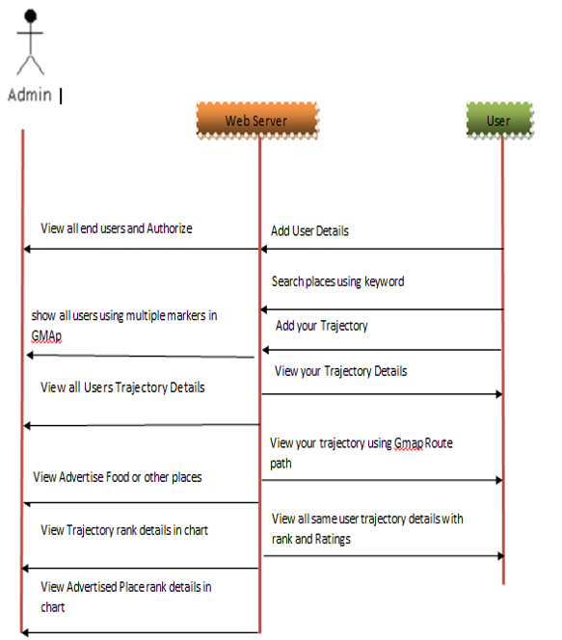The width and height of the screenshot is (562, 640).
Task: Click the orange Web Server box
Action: (257, 120)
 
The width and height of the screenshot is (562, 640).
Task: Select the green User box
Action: (499, 120)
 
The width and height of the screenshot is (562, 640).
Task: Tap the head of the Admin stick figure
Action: (31, 16)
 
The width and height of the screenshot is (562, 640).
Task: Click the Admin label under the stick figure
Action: (30, 94)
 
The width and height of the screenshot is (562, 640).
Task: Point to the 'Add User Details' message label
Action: (309, 231)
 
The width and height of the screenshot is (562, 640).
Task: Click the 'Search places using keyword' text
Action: (338, 281)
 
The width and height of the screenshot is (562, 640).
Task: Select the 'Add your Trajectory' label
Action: (322, 326)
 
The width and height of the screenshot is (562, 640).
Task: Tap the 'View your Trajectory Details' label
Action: (341, 371)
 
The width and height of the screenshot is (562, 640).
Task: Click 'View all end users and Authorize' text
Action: (117, 228)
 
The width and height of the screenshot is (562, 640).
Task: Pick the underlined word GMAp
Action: (46, 336)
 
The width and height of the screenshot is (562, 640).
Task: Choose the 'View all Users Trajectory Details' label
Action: (122, 387)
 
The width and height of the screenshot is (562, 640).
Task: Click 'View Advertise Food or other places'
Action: (118, 477)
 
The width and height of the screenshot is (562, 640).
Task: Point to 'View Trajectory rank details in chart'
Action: (124, 530)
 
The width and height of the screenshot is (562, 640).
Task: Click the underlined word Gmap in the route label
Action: (409, 443)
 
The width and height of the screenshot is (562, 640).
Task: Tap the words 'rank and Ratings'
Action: (311, 539)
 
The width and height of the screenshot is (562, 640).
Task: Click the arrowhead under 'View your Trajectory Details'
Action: (499, 394)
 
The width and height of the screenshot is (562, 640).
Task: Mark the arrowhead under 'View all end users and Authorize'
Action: (27, 249)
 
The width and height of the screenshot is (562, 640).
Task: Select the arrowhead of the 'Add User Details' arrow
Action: (264, 249)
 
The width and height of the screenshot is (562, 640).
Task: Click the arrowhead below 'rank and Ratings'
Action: (500, 556)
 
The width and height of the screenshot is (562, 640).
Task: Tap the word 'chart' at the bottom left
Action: (53, 607)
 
